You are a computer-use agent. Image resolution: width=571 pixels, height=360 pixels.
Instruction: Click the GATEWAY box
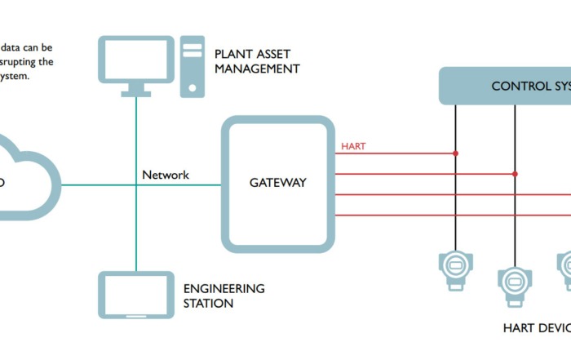pyautogui.click(x=277, y=183)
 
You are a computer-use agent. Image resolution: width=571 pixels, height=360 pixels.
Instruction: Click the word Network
pyautogui.click(x=166, y=175)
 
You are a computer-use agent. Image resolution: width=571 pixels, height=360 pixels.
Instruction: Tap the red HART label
pyautogui.click(x=353, y=147)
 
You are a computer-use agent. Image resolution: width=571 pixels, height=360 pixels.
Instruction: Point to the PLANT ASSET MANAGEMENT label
pyautogui.click(x=257, y=61)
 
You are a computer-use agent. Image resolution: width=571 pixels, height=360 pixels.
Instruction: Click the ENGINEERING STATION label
pyautogui.click(x=224, y=296)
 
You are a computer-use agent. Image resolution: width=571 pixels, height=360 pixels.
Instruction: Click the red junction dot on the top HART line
pyautogui.click(x=456, y=153)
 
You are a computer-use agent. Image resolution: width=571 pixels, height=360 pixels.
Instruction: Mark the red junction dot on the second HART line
pyautogui.click(x=515, y=174)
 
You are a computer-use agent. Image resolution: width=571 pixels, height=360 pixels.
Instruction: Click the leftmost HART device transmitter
pyautogui.click(x=455, y=265)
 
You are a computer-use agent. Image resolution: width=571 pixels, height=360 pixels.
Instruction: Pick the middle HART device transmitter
pyautogui.click(x=515, y=281)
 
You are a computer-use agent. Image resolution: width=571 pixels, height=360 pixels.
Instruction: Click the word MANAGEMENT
pyautogui.click(x=257, y=69)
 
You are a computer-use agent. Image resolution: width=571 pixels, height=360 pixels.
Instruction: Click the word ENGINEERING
pyautogui.click(x=224, y=288)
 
